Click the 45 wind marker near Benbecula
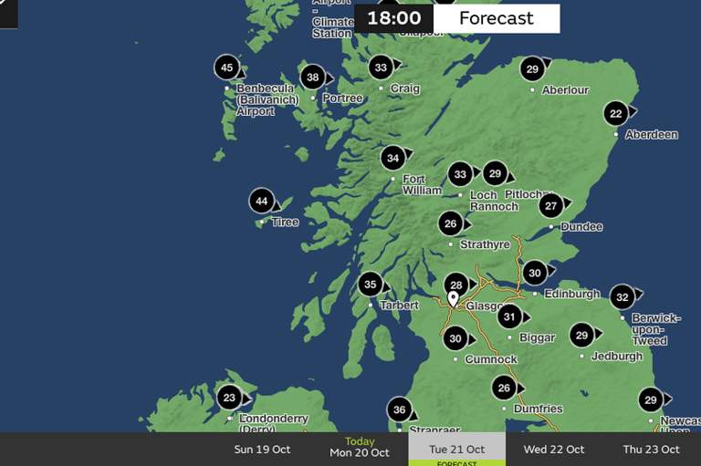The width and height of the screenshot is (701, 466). click(x=227, y=67)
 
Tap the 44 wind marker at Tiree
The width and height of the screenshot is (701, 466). click(x=262, y=201)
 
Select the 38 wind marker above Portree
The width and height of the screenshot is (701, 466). click(x=312, y=77)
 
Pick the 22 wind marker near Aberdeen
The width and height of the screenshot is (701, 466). click(x=616, y=114)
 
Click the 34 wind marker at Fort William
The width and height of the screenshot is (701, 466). click(x=392, y=158)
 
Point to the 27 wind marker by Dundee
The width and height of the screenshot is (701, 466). click(x=550, y=205)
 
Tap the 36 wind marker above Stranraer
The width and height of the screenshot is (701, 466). click(x=398, y=410)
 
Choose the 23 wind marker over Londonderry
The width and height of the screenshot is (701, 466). click(x=229, y=398)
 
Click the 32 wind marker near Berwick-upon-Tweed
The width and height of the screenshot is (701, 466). click(x=622, y=296)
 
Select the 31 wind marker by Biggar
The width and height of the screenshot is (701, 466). click(x=509, y=316)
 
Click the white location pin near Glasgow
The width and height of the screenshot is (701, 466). click(x=453, y=299)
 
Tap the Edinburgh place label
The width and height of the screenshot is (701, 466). click(x=572, y=294)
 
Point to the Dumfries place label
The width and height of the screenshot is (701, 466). click(x=538, y=409)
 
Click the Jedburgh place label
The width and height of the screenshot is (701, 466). click(x=617, y=356)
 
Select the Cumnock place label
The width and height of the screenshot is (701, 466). click(x=491, y=359)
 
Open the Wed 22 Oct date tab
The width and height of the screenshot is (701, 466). click(x=554, y=450)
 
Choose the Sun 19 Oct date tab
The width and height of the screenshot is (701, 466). click(x=262, y=450)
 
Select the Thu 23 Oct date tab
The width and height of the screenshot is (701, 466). click(x=651, y=450)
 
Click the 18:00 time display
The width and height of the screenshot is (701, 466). click(x=394, y=18)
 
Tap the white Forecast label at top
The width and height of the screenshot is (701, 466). click(x=496, y=18)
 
